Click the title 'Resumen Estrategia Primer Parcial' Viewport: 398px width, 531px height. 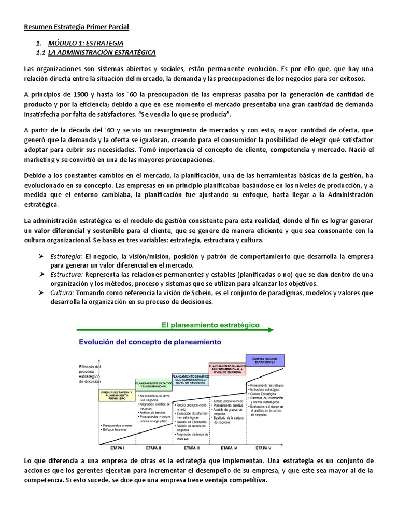tap(76, 26)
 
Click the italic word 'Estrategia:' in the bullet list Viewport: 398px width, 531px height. tap(66, 257)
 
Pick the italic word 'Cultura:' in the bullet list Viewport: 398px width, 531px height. tap(62, 292)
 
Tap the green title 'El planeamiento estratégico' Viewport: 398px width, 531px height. tap(210, 325)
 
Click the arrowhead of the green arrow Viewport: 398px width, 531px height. tap(270, 329)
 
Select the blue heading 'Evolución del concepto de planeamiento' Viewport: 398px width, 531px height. tap(150, 342)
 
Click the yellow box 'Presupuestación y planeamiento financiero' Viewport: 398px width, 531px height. tap(116, 395)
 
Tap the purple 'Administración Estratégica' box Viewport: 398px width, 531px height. tap(264, 360)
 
